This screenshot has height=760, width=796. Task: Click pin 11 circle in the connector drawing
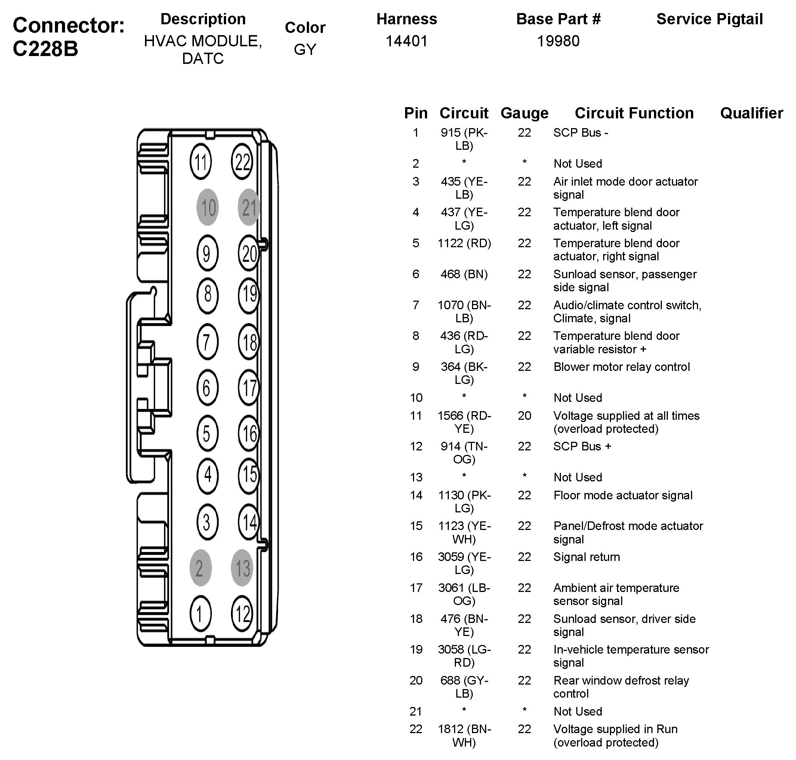[x=201, y=162]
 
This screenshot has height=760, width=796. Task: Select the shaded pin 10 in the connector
[x=207, y=207]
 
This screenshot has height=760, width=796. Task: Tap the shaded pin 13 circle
[x=242, y=568]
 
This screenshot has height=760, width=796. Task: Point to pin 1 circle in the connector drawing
[x=200, y=614]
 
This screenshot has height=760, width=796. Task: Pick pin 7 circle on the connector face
[x=207, y=341]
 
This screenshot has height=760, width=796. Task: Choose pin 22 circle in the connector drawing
[x=242, y=162]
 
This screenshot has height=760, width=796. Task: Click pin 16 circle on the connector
[x=249, y=433]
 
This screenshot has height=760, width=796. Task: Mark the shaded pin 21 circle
[x=249, y=207]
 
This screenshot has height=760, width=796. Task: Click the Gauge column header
[x=524, y=113]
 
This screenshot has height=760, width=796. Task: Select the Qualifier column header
[x=751, y=113]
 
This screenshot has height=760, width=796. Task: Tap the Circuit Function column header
[x=634, y=113]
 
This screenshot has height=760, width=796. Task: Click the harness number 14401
[x=407, y=41]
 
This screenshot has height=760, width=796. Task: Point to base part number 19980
[x=558, y=41]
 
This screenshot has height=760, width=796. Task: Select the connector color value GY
[x=305, y=49]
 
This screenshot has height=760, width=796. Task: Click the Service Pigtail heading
[x=709, y=19]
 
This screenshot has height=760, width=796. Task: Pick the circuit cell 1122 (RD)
[x=464, y=243]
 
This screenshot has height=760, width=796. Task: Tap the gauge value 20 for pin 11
[x=524, y=416]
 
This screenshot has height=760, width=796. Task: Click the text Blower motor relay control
[x=621, y=367]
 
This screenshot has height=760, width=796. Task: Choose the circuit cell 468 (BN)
[x=464, y=274]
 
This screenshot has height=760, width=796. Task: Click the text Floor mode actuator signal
[x=623, y=495]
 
